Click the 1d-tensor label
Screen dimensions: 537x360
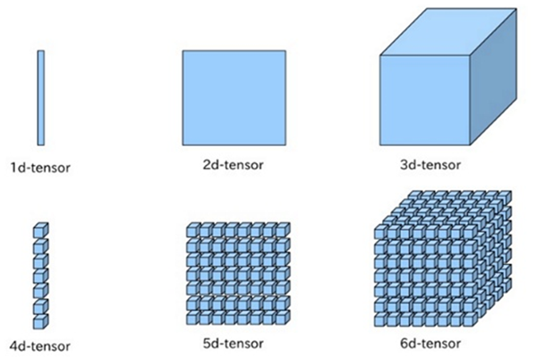[x=40, y=167]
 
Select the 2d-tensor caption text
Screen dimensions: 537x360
[x=234, y=165]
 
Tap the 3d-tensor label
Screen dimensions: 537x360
[x=430, y=165]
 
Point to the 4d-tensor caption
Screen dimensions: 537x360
[x=40, y=347]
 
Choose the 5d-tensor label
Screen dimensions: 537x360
[x=234, y=344]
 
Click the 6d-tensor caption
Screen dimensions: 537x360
[x=430, y=344]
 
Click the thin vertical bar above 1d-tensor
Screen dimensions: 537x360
[x=41, y=98]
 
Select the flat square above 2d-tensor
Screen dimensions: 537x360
[x=234, y=98]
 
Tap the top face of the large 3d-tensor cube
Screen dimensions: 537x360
[x=448, y=32]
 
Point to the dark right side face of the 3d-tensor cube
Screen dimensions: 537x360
[x=493, y=76]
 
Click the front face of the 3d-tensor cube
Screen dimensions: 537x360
[x=424, y=100]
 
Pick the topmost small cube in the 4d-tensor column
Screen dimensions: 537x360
[x=41, y=230]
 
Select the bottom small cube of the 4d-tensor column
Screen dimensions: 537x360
[x=41, y=321]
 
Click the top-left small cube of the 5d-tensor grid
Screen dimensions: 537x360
[x=193, y=230]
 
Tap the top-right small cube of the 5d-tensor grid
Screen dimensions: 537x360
[x=283, y=230]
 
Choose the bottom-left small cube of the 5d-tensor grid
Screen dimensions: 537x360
[x=193, y=318]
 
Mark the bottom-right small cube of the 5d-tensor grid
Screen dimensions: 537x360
[x=283, y=318]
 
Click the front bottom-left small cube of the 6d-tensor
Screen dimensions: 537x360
[x=381, y=319]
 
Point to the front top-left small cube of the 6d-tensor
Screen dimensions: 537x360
[x=381, y=232]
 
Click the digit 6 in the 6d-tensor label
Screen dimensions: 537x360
[x=405, y=344]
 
